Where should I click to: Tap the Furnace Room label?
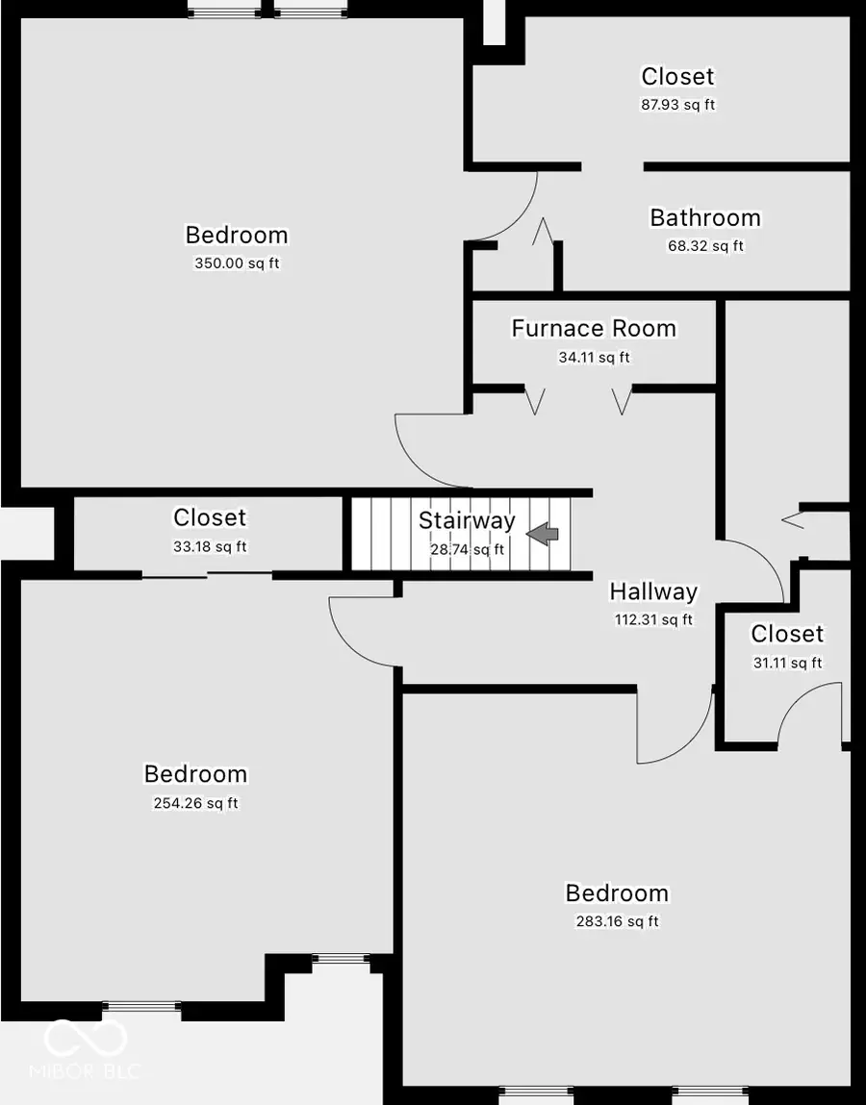[593, 328]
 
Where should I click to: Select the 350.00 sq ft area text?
[237, 264]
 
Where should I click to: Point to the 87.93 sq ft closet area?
[677, 105]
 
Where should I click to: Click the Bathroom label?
[705, 217]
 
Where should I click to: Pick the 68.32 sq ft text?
[705, 246]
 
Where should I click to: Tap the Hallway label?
[653, 590]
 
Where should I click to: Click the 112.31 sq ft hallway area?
[653, 620]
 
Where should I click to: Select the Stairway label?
[467, 520]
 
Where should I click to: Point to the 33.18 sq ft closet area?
[210, 547]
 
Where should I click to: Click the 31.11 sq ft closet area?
[787, 663]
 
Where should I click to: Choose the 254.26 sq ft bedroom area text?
[195, 803]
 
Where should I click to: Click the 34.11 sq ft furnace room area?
[594, 358]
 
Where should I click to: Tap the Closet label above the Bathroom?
[677, 76]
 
